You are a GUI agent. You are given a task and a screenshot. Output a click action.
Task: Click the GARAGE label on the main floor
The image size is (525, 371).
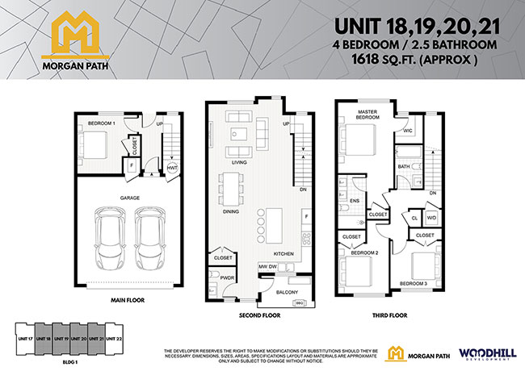pyautogui.click(x=131, y=197)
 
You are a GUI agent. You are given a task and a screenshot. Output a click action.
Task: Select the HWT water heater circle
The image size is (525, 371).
pyautogui.click(x=172, y=168)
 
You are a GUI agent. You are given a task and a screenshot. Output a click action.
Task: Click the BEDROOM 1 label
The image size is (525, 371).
pyautogui.click(x=102, y=123)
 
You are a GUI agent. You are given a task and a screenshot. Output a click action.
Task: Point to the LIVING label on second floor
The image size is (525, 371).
pyautogui.click(x=238, y=162)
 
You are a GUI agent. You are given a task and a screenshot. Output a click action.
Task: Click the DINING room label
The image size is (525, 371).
pyautogui.click(x=231, y=212)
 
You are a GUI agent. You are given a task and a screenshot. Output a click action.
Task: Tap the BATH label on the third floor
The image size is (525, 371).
pyautogui.click(x=403, y=167)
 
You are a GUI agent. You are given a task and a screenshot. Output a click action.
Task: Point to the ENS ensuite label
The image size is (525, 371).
pyautogui.click(x=355, y=200)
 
